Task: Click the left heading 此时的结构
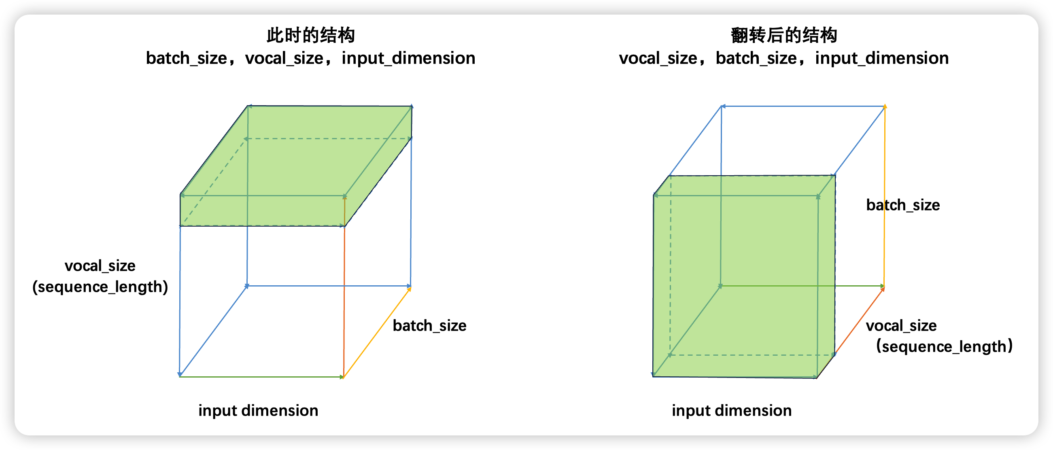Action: point(310,35)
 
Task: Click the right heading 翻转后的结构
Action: point(783,35)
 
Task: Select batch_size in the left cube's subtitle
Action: point(187,58)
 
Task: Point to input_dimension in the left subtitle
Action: point(408,58)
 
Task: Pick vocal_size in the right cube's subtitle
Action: point(658,58)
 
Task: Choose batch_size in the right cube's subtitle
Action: point(756,58)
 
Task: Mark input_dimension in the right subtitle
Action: point(882,58)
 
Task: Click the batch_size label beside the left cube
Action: point(429,326)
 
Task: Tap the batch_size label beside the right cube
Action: point(902,205)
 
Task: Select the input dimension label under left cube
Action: point(258,410)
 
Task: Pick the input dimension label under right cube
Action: point(731,410)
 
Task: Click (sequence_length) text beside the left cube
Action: point(100,287)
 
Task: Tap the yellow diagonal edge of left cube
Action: point(377,332)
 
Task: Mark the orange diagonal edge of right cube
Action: point(859,321)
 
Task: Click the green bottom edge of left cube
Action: point(261,376)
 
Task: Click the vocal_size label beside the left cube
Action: point(100,266)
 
